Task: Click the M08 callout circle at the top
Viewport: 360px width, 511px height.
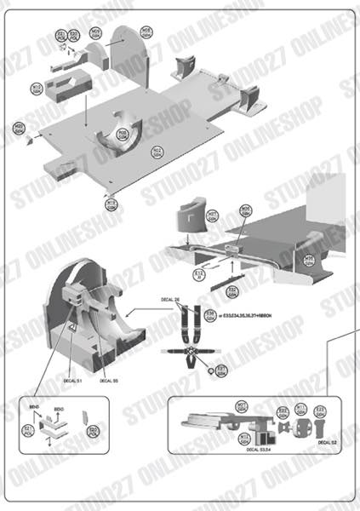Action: click(x=146, y=32)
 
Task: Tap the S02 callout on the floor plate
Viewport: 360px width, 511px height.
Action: click(x=157, y=151)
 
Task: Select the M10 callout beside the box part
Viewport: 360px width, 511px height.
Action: click(x=37, y=88)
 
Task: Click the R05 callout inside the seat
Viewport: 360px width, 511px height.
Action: click(x=123, y=134)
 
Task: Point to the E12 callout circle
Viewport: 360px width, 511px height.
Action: click(x=199, y=273)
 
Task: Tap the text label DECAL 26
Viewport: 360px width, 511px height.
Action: click(x=171, y=300)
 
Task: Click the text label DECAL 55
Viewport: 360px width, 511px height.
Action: click(x=109, y=381)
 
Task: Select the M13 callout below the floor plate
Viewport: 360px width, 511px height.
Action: click(x=111, y=204)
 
